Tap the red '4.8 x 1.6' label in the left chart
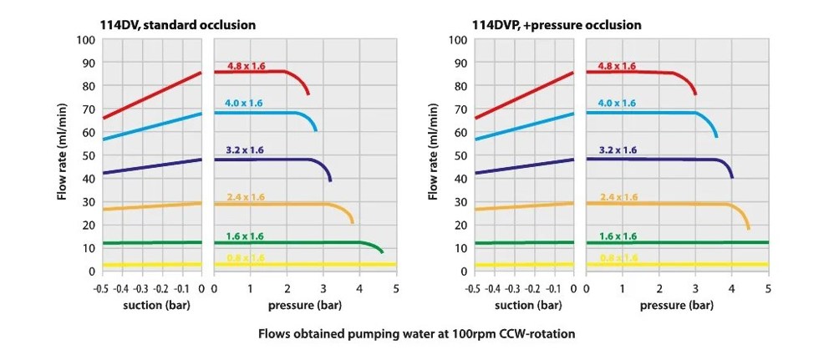[x=246, y=66]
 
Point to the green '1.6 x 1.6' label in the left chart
[x=244, y=237]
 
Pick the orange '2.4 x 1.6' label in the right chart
[x=618, y=197]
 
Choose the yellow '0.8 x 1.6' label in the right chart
[x=618, y=258]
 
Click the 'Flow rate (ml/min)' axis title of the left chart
[x=62, y=155]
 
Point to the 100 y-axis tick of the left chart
[x=85, y=39]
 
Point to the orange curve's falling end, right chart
[x=748, y=226]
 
